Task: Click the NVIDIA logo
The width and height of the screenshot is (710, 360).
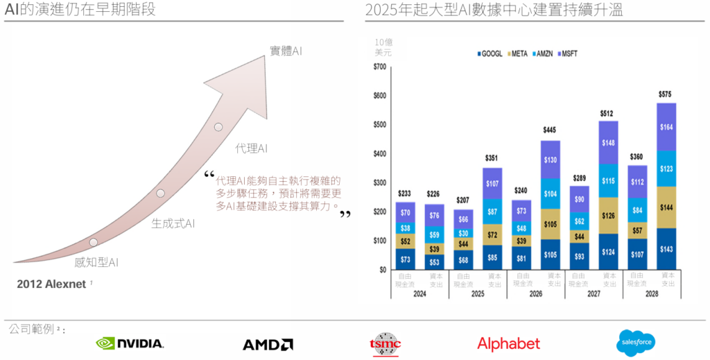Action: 130,343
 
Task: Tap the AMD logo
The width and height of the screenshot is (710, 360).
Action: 268,344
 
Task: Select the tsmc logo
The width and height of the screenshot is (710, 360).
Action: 386,343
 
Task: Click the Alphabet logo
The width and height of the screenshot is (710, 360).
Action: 508,343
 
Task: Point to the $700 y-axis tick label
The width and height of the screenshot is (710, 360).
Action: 379,67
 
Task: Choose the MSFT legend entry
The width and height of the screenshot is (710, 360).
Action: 569,53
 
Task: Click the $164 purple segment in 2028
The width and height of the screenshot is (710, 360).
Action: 666,127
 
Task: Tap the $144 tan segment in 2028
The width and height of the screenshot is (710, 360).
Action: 666,207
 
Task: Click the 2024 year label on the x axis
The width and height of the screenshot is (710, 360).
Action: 419,294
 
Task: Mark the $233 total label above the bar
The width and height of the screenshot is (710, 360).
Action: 405,194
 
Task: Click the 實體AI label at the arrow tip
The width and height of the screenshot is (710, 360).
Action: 286,51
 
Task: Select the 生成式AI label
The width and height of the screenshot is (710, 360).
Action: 173,223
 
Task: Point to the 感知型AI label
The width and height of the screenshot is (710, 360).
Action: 96,262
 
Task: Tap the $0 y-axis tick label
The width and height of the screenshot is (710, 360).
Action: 383,270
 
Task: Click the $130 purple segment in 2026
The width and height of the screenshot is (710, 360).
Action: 551,160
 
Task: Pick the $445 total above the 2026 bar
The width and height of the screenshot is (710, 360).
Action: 551,130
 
